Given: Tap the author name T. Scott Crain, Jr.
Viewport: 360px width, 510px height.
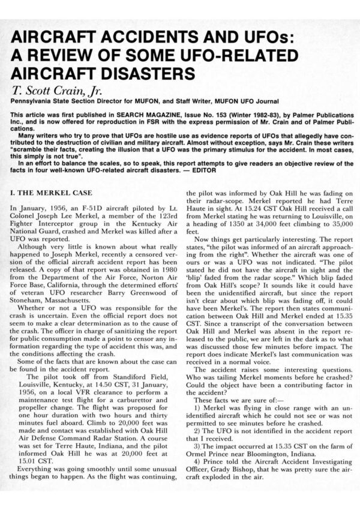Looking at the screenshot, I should (x=52, y=91).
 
